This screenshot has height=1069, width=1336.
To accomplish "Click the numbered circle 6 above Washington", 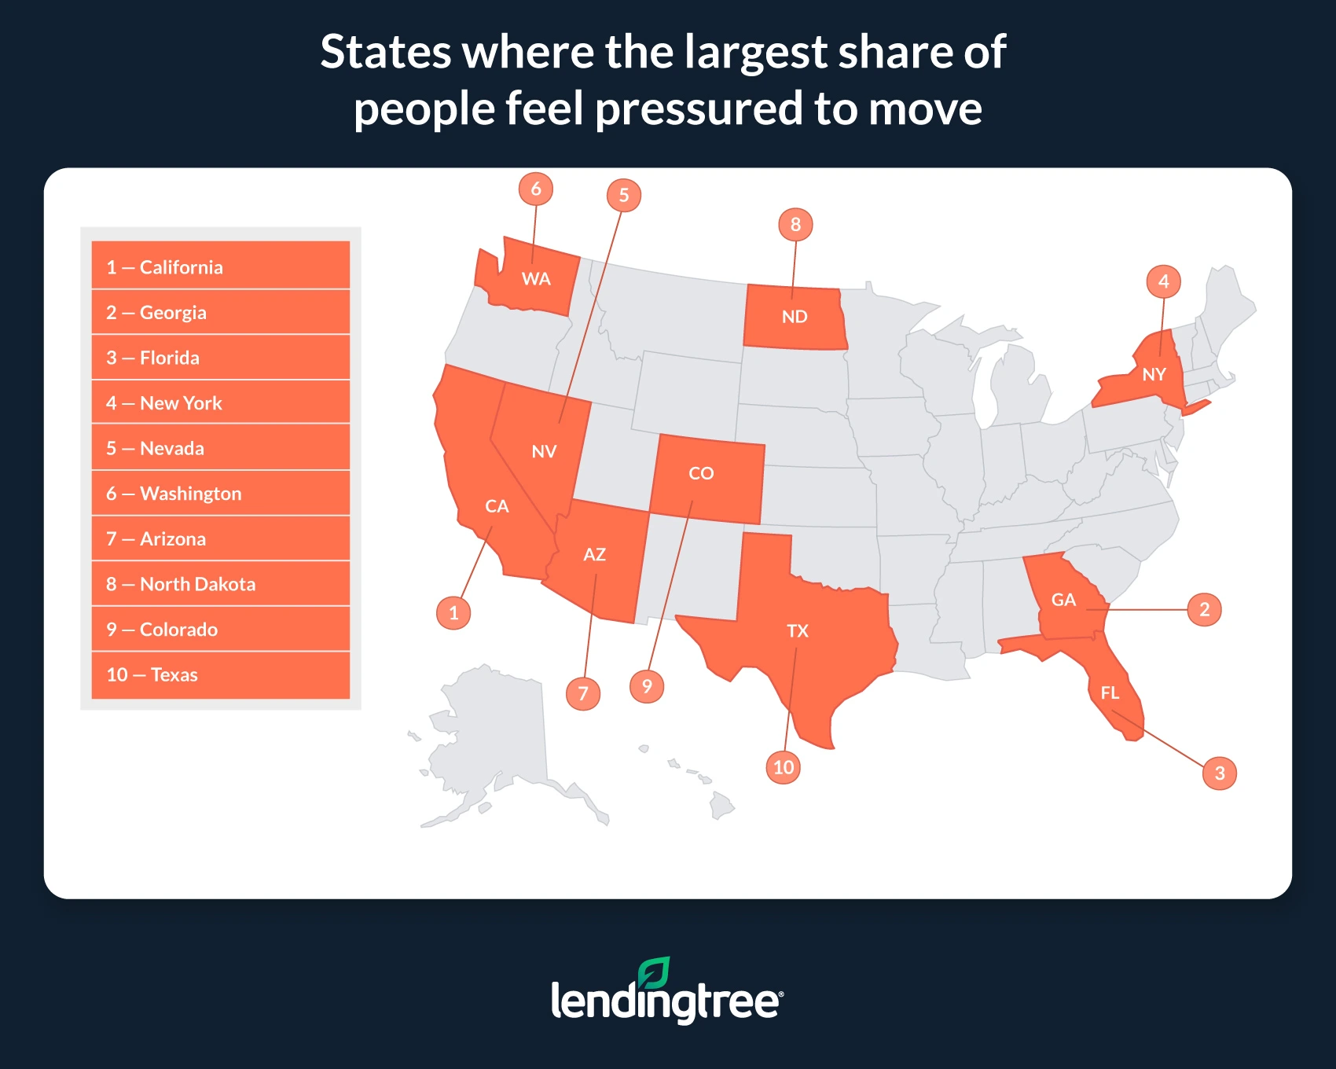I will (536, 189).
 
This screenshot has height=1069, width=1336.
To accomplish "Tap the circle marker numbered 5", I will (624, 195).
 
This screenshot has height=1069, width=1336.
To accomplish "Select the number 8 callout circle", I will (795, 225).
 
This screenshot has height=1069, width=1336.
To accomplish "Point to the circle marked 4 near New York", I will (1164, 281).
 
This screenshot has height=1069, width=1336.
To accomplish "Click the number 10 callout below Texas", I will (784, 767).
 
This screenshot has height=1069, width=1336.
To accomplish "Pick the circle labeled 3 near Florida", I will (1220, 773).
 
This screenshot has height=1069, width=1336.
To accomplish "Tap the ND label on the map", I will (795, 317).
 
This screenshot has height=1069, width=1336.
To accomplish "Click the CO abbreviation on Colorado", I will (701, 473).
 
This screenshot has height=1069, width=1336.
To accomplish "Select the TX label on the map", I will (798, 630).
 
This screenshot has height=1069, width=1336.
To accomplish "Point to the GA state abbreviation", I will (1063, 600).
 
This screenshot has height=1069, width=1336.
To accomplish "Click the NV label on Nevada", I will (544, 451).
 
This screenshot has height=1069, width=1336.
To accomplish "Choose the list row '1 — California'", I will (221, 267).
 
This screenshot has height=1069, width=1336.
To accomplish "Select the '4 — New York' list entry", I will (221, 403).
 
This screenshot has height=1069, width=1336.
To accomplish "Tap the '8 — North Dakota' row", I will (221, 584).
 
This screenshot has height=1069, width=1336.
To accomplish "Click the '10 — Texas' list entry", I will (221, 674).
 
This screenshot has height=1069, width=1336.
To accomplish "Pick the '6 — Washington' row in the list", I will (221, 494).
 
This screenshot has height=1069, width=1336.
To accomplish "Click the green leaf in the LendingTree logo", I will (654, 972).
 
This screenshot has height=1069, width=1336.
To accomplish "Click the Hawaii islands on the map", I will (721, 804).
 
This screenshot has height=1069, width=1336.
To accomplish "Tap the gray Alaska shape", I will (495, 747).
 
